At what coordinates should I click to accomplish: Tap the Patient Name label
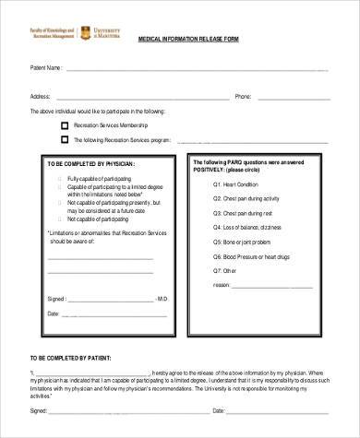pos(46,68)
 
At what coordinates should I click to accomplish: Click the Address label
pos(40,96)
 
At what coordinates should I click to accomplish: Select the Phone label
pos(243,96)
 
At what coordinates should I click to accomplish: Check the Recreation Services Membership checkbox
pos(65,124)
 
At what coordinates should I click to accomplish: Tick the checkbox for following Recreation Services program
pos(65,141)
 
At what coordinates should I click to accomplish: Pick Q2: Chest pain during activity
pos(246,198)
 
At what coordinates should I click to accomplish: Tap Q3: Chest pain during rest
pos(242,212)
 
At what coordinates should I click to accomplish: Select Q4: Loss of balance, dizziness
pos(246,227)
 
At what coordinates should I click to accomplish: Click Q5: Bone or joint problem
pos(243,242)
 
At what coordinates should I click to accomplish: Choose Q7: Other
pos(225,271)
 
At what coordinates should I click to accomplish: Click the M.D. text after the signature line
pos(162,299)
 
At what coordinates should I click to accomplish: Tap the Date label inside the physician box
pos(52,314)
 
